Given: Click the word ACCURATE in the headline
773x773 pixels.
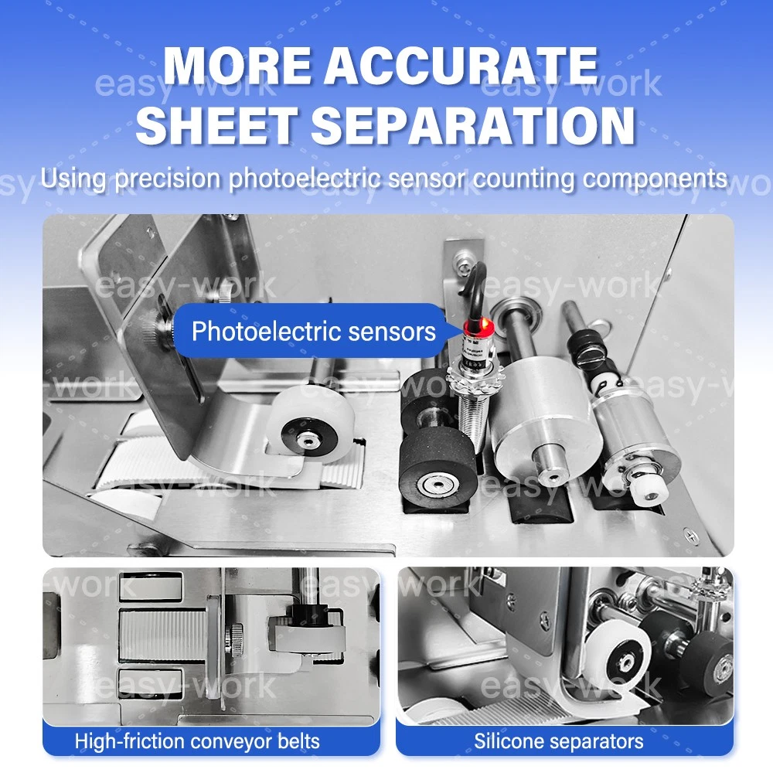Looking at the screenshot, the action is pos(461,66).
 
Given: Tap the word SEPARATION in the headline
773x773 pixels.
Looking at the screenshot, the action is pos(472,126).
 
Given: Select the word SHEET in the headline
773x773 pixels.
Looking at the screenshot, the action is pos(217,126).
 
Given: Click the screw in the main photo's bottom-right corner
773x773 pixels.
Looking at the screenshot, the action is pos(691,536).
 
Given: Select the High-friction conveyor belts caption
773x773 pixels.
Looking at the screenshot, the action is pos(197,741).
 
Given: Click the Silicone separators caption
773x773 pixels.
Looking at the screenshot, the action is pos(559,741).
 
